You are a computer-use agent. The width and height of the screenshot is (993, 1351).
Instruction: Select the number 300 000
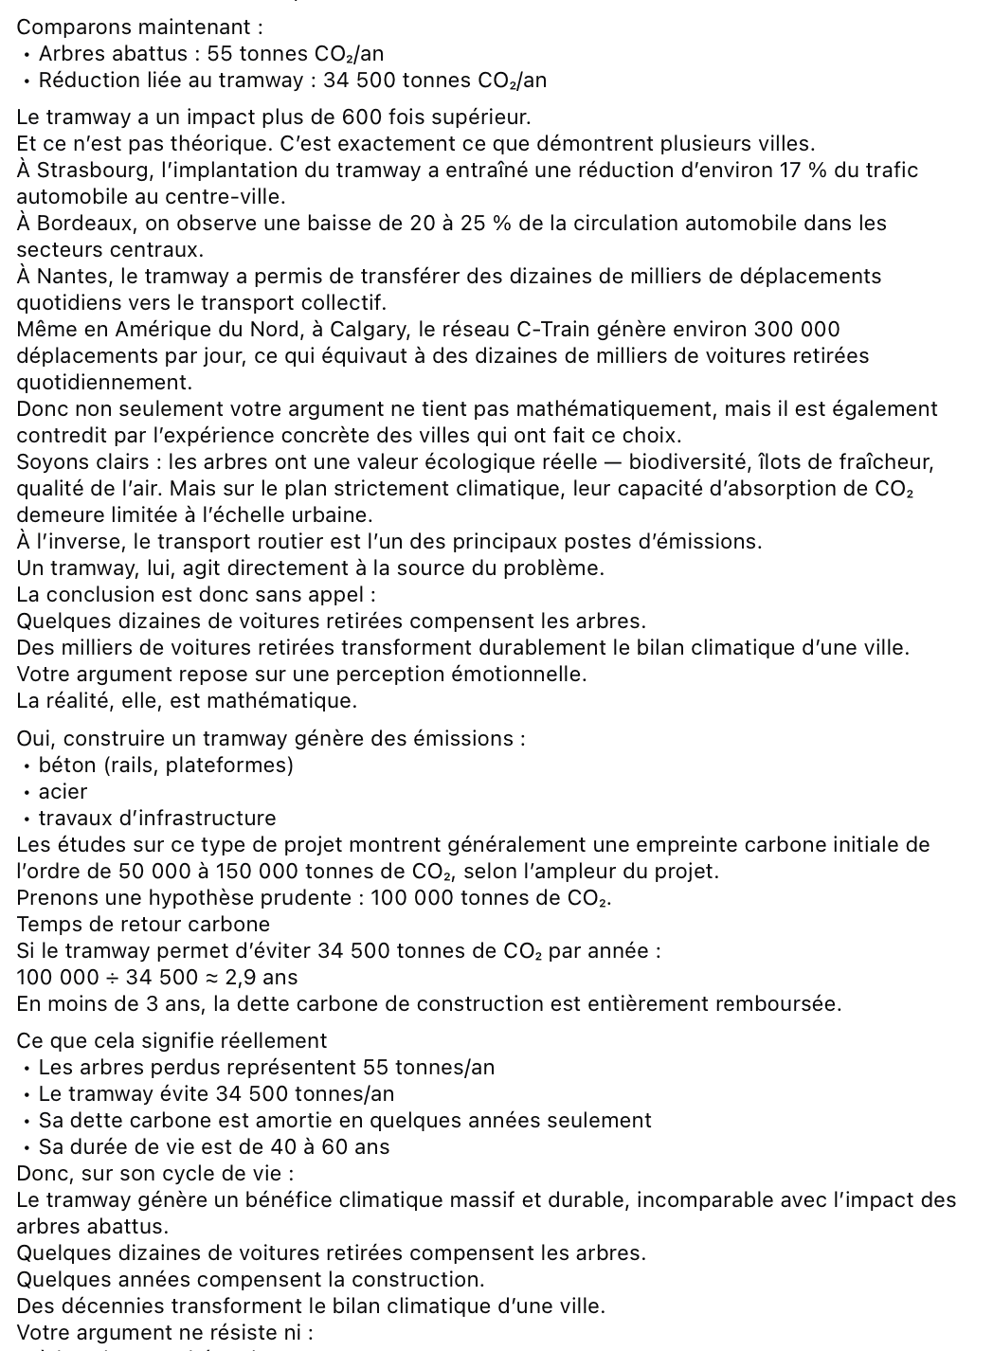tap(796, 330)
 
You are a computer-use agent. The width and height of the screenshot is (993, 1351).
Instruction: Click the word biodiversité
tap(688, 462)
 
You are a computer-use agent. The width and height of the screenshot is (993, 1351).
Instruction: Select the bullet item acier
tap(63, 792)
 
